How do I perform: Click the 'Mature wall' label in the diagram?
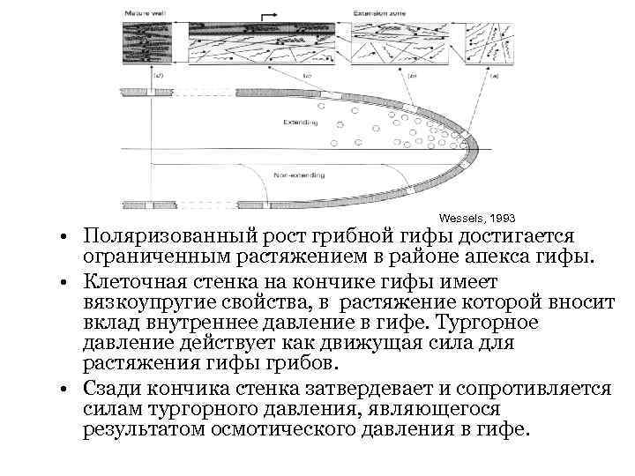(145, 13)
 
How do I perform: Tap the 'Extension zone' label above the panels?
(381, 13)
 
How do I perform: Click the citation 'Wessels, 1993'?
(476, 217)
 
